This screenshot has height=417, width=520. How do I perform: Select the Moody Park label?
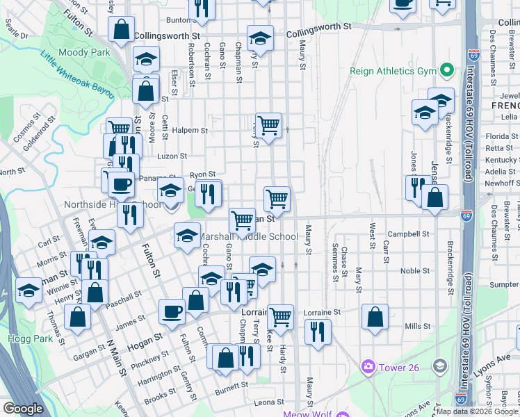click(x=86, y=52)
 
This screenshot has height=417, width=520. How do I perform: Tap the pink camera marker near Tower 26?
click(x=368, y=366)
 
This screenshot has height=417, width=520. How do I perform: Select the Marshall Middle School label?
click(x=249, y=236)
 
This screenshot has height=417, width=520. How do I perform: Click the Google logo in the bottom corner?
click(x=23, y=409)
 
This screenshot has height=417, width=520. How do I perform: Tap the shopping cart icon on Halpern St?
click(x=268, y=126)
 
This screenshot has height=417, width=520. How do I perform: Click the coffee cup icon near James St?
click(x=172, y=311)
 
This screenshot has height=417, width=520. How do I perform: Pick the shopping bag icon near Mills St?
click(x=375, y=317)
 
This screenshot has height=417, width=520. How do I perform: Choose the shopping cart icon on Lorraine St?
click(x=280, y=316)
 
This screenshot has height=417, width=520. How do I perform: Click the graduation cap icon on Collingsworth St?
click(x=260, y=38)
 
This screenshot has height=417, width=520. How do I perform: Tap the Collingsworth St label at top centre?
click(x=318, y=26)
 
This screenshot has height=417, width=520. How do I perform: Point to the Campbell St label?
click(x=406, y=234)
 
